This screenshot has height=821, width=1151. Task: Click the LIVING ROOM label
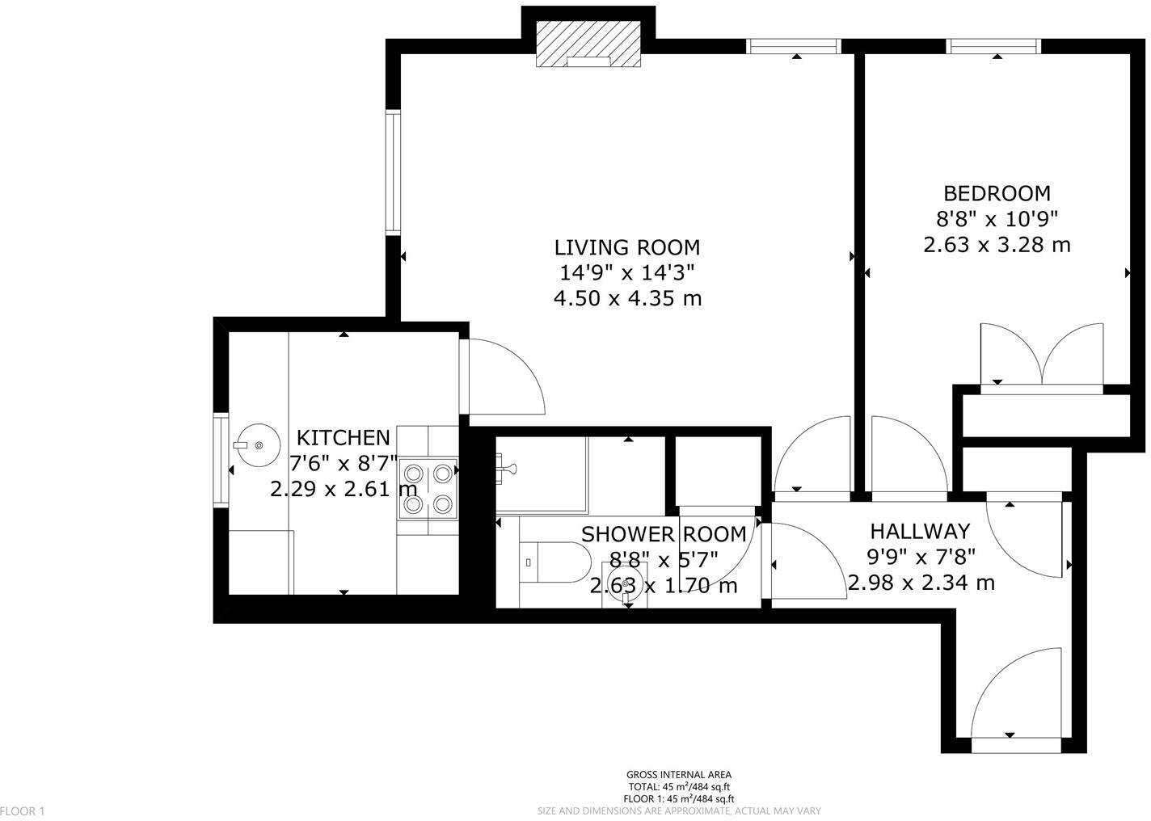[626, 247]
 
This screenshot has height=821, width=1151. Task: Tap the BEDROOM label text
[997, 193]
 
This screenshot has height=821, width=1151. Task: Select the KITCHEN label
[343, 438]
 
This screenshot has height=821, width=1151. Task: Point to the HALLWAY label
[919, 532]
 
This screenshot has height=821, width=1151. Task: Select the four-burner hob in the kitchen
[428, 488]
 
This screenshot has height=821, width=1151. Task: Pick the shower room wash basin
[625, 582]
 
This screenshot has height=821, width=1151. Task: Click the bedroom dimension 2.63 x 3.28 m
[997, 244]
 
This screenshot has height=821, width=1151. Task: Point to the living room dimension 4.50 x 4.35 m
[626, 298]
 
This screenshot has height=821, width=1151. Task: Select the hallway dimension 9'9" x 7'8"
[919, 557]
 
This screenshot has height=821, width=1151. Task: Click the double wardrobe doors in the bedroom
[1041, 356]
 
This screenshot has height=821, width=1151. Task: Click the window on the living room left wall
[393, 172]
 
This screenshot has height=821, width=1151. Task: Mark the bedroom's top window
[993, 47]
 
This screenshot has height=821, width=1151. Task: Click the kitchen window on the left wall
[220, 460]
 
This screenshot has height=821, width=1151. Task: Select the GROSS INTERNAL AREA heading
[679, 775]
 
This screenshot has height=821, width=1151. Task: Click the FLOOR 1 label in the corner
[23, 810]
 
